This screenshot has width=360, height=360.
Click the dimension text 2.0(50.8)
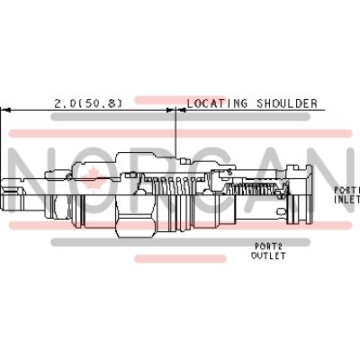[88, 103]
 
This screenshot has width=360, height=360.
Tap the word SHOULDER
[287, 103]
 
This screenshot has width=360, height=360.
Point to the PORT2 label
[268, 247]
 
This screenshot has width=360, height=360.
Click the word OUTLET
[268, 256]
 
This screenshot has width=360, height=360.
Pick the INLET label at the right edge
[347, 199]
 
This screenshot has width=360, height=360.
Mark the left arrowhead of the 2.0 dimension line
[5, 110]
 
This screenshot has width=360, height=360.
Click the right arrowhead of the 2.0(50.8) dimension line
[171, 110]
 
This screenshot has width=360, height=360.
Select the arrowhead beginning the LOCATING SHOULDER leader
[182, 110]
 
